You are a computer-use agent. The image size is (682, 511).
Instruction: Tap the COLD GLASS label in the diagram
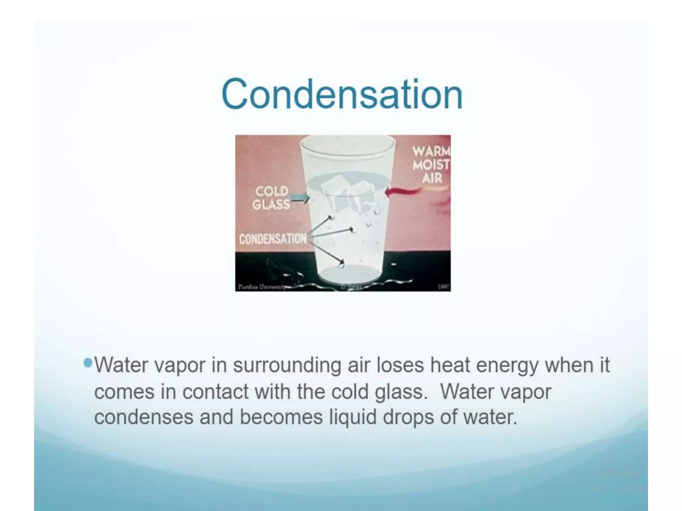tap(271, 198)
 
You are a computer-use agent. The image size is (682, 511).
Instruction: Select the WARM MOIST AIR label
tap(431, 165)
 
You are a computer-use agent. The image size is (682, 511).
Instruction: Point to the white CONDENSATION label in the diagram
tap(272, 239)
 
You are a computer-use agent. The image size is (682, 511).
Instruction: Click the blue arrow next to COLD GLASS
tap(300, 199)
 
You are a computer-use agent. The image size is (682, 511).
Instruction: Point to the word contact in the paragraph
tap(215, 392)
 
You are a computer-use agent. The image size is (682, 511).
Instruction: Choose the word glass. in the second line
tap(401, 392)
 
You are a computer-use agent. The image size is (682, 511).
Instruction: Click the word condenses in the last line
tap(144, 417)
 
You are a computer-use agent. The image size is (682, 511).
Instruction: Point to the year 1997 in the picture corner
tap(443, 287)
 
